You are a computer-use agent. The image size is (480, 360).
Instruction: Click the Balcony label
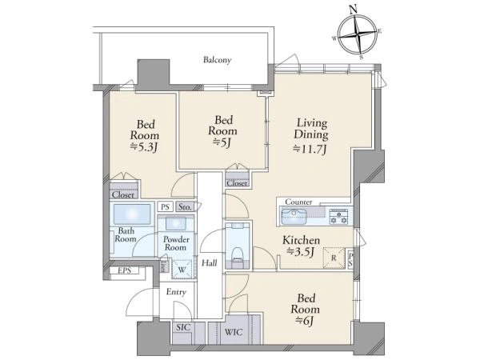pos(217,60)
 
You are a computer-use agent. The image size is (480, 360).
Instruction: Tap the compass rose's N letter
pos(354,10)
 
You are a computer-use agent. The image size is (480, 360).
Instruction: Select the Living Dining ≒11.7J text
pos(311,136)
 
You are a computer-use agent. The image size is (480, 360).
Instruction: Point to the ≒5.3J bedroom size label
pos(144,147)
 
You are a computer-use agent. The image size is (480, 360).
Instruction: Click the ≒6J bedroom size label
pos(306,321)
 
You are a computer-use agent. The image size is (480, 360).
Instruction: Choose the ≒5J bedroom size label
pos(222,142)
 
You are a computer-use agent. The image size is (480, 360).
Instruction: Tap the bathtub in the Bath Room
pos(132,214)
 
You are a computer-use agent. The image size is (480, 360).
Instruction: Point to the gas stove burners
pos(338,217)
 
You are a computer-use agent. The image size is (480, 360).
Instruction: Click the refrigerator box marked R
pos(334,258)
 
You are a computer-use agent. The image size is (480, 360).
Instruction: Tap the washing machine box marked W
pos(182,270)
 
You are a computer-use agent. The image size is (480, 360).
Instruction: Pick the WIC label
pos(234,332)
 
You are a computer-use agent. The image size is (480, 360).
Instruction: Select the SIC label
pos(183,327)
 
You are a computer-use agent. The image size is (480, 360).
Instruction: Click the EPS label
pos(125,270)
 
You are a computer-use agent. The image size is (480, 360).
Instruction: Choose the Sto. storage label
pos(185,207)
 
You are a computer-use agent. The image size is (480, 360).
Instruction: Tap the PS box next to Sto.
pos(166,207)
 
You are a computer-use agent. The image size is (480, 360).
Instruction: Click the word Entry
pos(176,292)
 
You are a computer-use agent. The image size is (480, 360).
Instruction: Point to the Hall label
pos(210,262)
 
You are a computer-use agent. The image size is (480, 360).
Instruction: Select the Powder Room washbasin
pos(175,223)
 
